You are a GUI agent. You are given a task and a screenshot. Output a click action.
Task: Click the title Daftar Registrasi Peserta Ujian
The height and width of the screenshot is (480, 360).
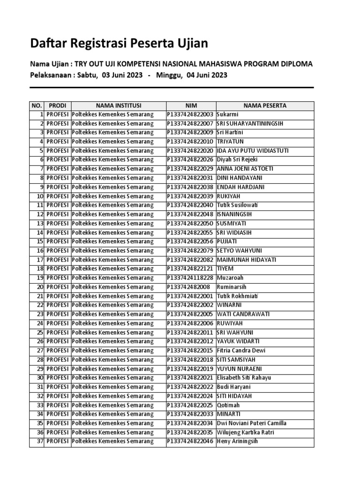tap(119, 44)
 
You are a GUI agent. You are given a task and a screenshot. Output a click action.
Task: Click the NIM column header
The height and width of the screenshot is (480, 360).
tap(191, 105)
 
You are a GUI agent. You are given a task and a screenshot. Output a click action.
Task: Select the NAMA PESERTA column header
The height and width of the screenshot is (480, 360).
tap(264, 105)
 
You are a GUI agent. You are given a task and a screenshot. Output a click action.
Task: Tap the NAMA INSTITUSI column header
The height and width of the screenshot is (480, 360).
tap(119, 105)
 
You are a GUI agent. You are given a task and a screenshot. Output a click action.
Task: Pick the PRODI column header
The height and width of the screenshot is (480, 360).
tap(58, 105)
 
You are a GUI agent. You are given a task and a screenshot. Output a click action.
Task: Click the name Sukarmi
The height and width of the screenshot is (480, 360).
tap(228, 114)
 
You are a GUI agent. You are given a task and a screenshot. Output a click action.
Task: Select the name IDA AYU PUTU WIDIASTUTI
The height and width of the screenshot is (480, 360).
tap(253, 150)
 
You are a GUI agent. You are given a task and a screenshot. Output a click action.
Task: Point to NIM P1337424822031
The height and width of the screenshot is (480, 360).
tap(190, 178)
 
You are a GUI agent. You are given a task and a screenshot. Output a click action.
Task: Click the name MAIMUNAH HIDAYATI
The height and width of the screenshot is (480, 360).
tap(247, 260)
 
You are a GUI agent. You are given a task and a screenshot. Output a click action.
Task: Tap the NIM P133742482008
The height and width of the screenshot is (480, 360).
tap(188, 287)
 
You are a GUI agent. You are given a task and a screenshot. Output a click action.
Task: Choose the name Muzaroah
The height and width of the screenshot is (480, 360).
tap(230, 277)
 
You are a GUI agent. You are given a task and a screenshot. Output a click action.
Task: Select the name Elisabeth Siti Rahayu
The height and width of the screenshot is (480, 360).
tap(244, 378)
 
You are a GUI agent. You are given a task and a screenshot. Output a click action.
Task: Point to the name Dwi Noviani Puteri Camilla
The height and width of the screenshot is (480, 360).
tap(252, 423)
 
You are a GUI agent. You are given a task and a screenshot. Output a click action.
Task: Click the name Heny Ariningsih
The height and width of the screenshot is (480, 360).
tap(237, 441)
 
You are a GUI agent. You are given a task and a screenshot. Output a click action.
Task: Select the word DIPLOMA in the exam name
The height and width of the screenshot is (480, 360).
tap(296, 64)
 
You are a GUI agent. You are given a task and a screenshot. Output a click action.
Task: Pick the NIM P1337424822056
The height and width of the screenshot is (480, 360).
tap(190, 241)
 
